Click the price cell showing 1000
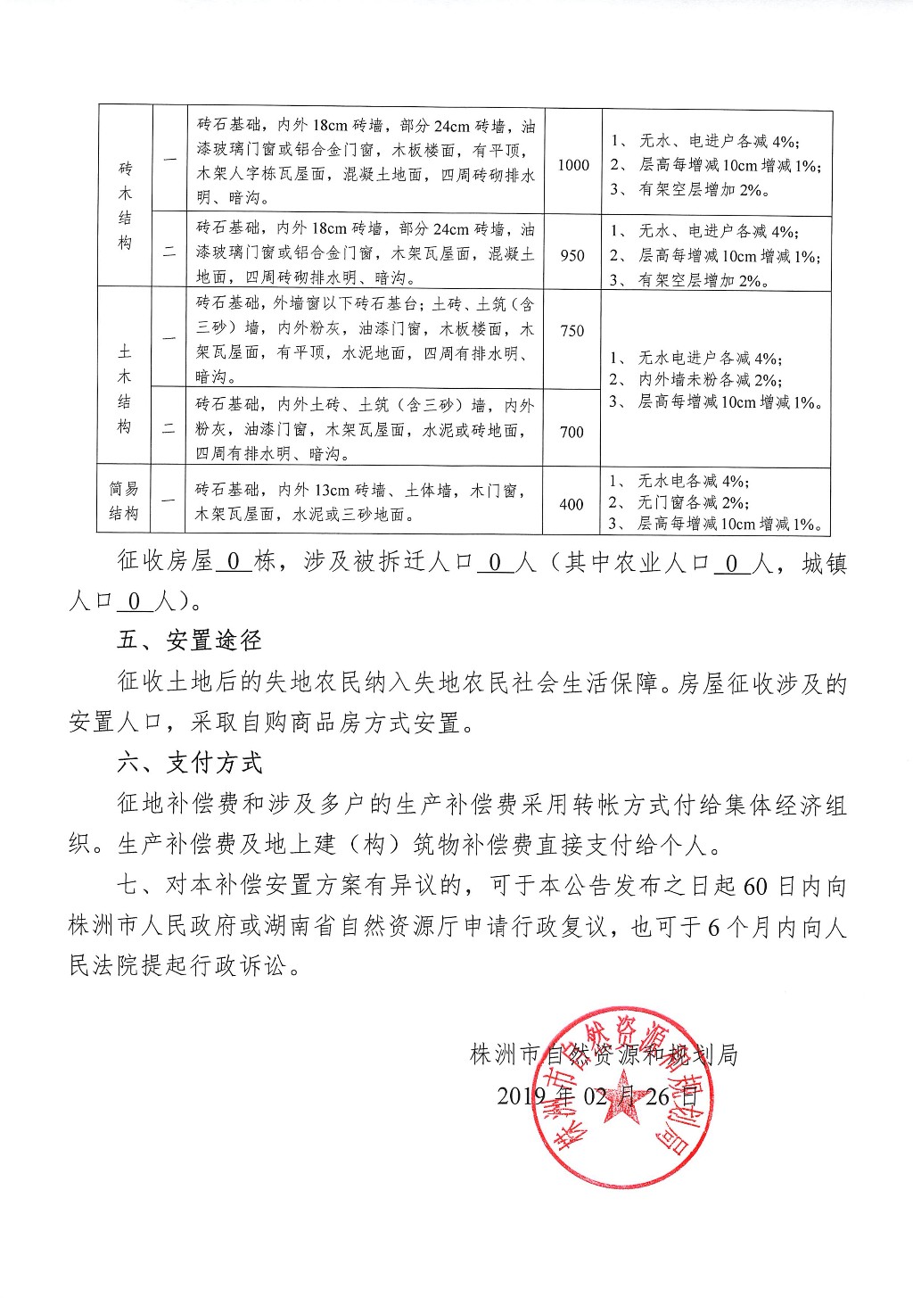pos(573,164)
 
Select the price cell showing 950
pos(572,255)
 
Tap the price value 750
pos(572,331)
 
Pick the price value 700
pos(572,432)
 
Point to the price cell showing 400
pos(572,504)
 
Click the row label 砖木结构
pos(125,205)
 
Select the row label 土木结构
pos(125,389)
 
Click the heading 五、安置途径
pos(190,641)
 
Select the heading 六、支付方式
pos(190,763)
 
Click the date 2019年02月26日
pos(596,1095)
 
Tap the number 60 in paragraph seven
pos(754,887)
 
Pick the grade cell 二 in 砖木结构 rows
pos(169,253)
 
